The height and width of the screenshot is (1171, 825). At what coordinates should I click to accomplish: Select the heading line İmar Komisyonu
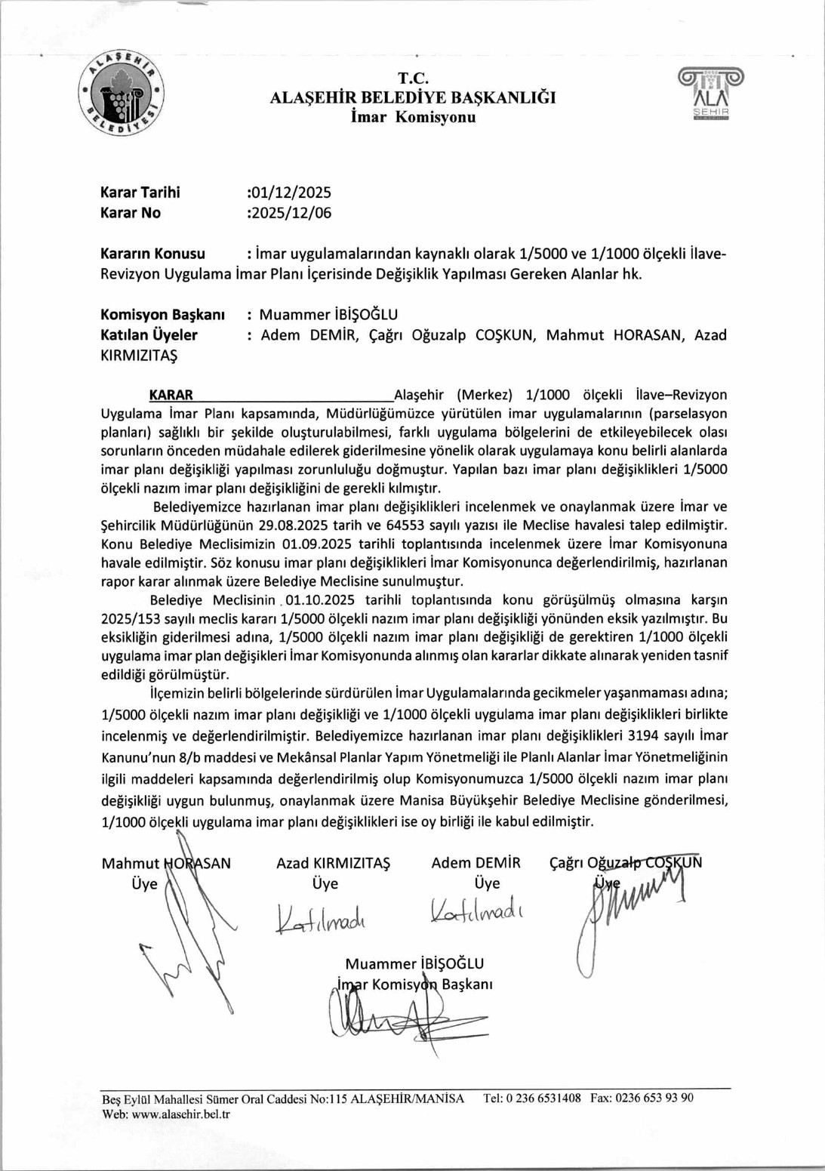tap(413, 117)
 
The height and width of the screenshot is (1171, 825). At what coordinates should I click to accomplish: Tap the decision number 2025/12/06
tap(291, 213)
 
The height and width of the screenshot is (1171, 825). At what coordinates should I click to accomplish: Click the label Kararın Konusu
tap(152, 254)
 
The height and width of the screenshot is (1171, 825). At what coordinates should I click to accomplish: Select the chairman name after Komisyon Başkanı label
tap(328, 315)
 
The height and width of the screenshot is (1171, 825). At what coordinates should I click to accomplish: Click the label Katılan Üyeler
tap(149, 335)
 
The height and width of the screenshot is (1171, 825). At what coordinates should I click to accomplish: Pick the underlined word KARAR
tap(171, 395)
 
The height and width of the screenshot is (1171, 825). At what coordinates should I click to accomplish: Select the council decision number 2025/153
tap(131, 618)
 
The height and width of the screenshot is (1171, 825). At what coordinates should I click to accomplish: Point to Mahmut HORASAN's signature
tap(189, 936)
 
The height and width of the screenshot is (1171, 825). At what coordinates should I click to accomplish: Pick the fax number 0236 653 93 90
tap(654, 1099)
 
